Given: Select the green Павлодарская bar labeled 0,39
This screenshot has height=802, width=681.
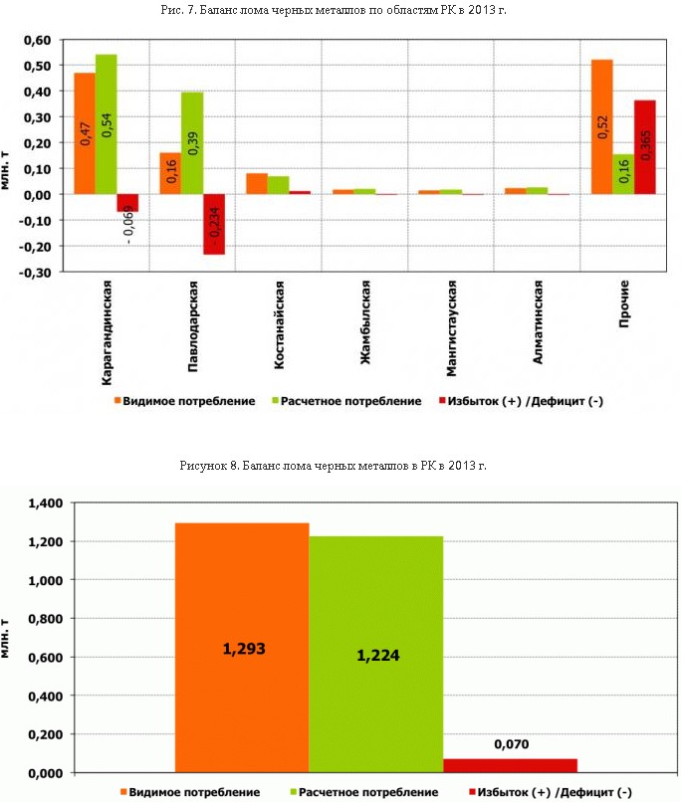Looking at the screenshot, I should (x=191, y=143).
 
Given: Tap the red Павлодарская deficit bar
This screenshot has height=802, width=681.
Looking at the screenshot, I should (x=213, y=224).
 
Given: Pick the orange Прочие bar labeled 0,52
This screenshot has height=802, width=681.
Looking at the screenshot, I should (x=601, y=126).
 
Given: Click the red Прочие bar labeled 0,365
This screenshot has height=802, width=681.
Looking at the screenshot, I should (x=644, y=147).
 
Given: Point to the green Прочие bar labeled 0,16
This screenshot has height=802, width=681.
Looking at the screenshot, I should (x=622, y=174).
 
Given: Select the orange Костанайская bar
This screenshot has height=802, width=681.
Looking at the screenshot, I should (x=256, y=184).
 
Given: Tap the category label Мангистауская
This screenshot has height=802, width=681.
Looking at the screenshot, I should (x=451, y=328).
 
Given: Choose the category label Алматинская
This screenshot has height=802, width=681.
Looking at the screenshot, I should (x=538, y=322).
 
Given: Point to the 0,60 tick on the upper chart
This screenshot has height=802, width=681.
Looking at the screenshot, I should (x=36, y=41).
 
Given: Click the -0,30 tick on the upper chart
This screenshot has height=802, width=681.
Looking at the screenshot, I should (x=36, y=272).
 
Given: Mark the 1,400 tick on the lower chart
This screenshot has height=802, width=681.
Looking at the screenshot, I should (x=45, y=503).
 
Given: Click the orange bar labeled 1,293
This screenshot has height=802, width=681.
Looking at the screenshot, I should (x=242, y=648).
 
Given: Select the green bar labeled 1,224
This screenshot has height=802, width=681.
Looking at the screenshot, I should (x=375, y=655).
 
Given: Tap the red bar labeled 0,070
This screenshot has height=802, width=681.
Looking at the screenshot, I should (x=510, y=765).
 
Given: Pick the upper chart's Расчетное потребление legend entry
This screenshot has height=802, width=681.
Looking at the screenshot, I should (x=344, y=401).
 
